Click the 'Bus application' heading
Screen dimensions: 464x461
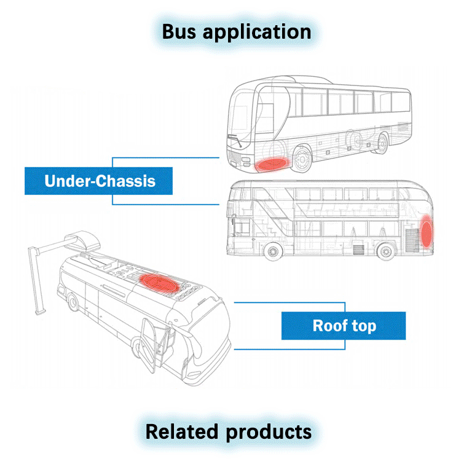[236, 32]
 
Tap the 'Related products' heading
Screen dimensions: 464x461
[229, 431]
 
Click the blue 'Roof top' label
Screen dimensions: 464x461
[344, 325]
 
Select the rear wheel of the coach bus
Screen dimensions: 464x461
[382, 144]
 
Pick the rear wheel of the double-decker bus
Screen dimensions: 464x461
[385, 252]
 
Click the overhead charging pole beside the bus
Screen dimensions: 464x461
[37, 277]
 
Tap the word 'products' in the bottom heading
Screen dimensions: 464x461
[268, 431]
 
